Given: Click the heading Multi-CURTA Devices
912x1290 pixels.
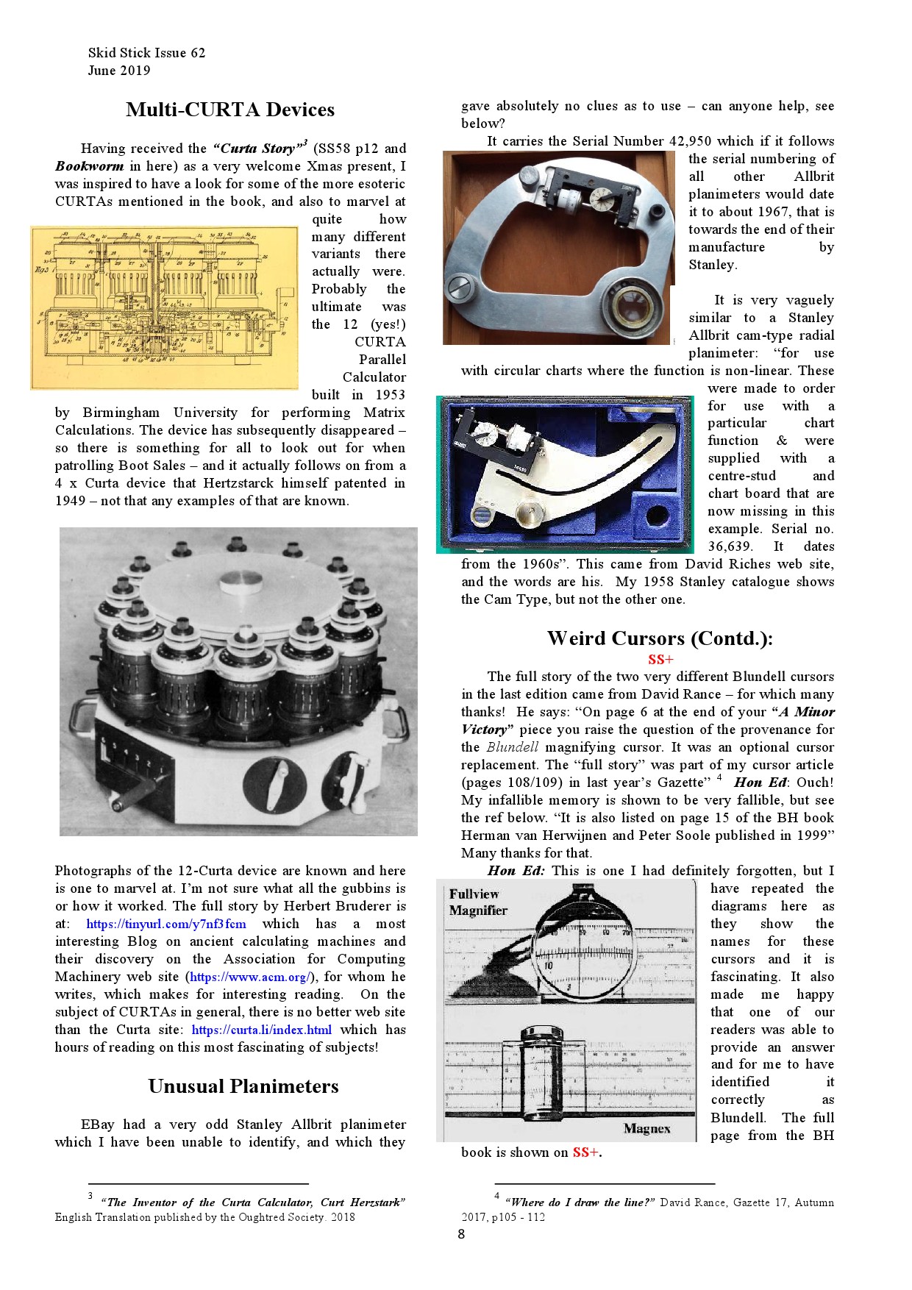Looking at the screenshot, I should pos(229,110).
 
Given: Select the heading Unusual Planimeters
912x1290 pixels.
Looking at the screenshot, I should pos(243,1086).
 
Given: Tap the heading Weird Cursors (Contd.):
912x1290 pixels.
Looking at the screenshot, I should pos(659,638).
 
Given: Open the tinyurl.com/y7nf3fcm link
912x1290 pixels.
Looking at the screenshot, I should pos(166,924).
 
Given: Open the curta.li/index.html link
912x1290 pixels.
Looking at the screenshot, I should pos(261,1030).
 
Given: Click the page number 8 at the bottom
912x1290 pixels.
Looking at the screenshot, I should pos(461,1234).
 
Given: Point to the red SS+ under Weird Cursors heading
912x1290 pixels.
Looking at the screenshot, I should pos(660,659).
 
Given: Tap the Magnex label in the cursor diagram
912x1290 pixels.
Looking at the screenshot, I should pos(646,1128).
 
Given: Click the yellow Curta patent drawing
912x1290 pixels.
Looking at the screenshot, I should pos(163,307).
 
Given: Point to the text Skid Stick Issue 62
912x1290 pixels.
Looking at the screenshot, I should pos(146,53).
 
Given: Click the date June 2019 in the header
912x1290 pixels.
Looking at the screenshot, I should pos(118,71).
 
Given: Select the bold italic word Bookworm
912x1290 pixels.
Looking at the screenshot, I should pos(89,166).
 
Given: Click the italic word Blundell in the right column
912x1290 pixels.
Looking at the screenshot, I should pos(512,747).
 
